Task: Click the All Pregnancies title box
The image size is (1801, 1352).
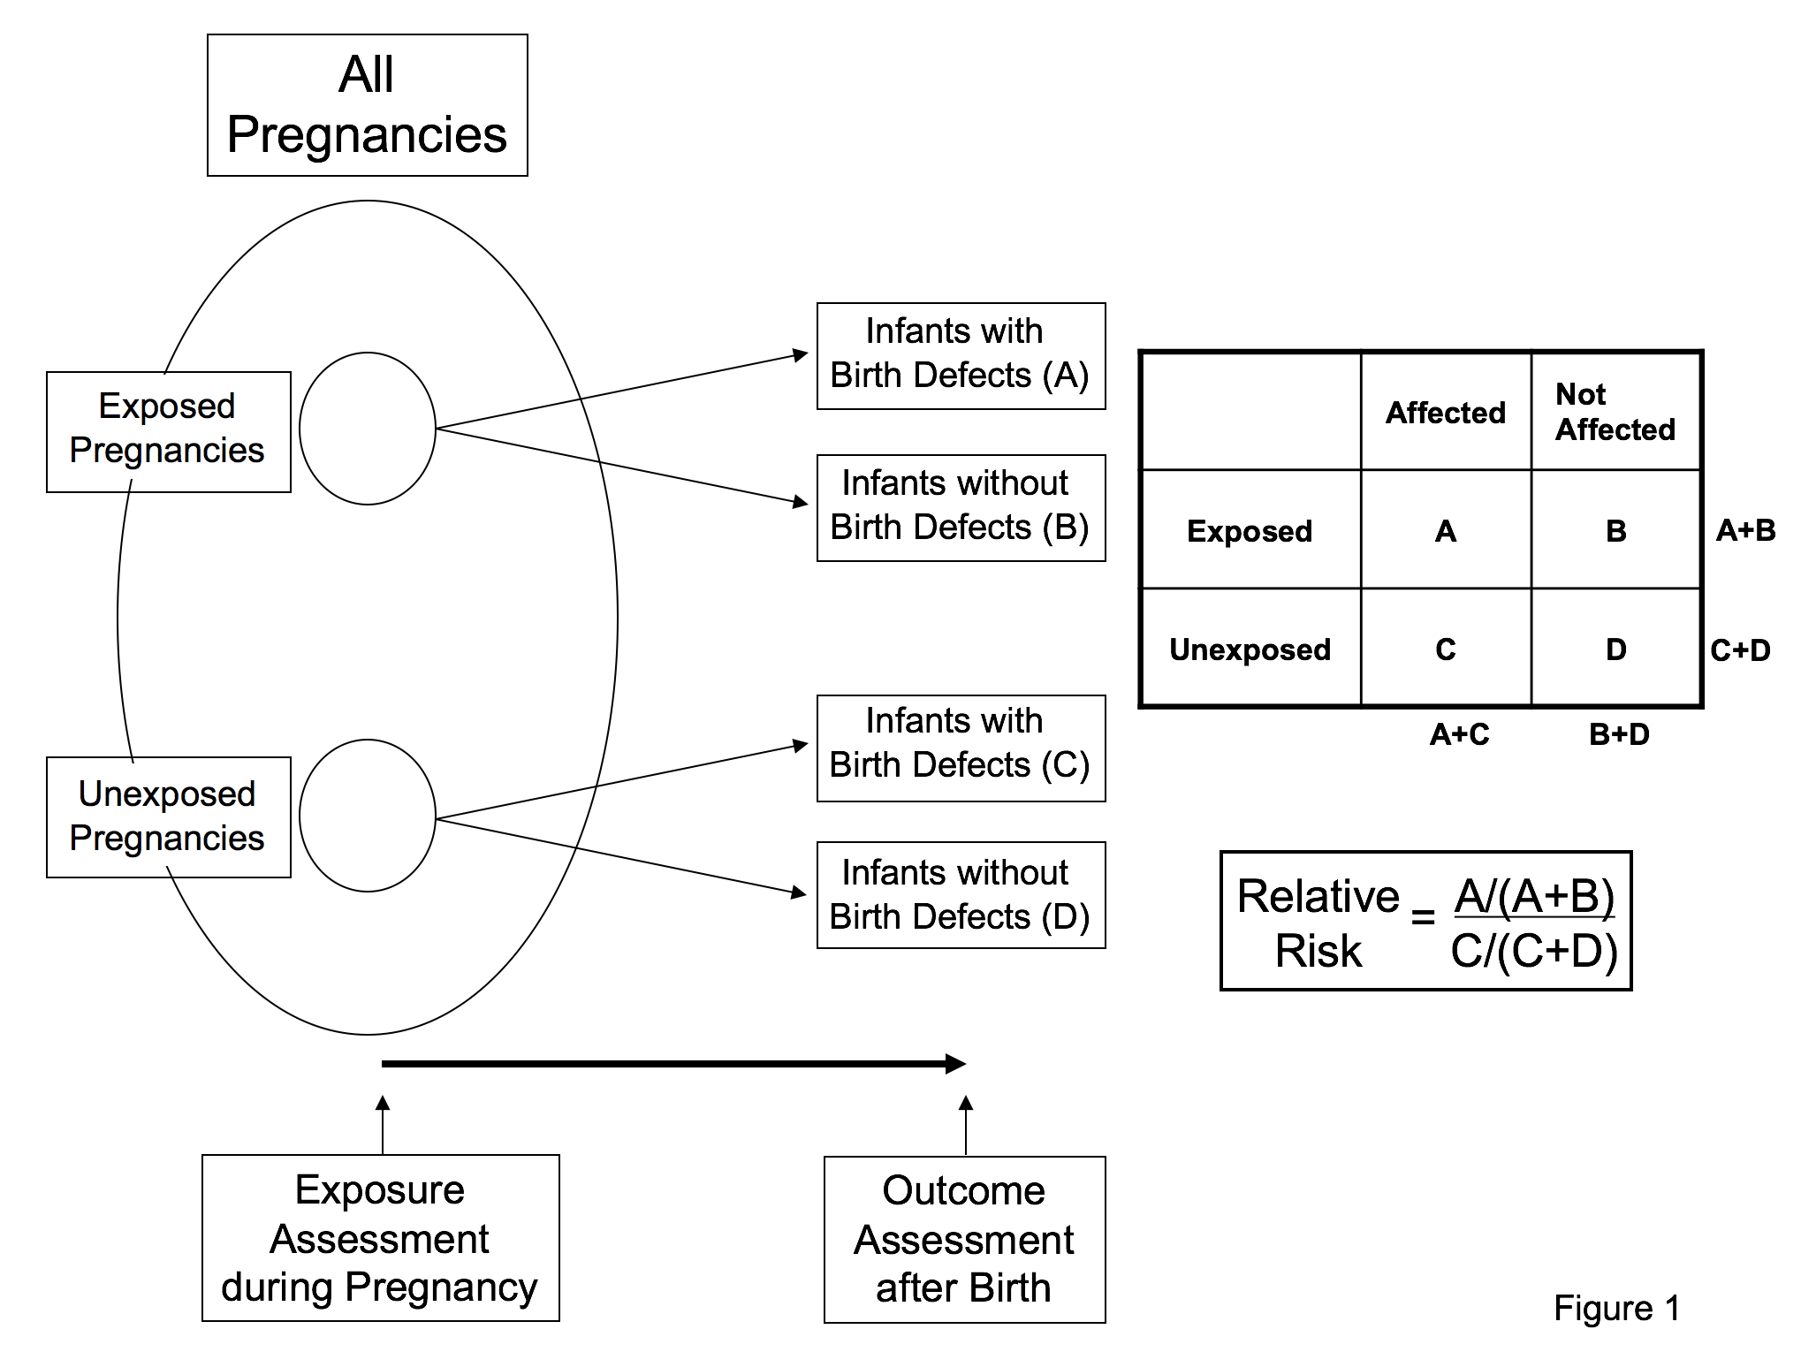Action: click(x=367, y=105)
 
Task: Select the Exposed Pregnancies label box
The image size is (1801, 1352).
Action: click(x=168, y=431)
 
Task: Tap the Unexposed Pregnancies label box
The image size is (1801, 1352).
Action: click(x=168, y=817)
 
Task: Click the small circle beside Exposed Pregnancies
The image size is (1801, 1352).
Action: click(x=368, y=429)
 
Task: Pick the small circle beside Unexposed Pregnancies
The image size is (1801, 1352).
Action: click(x=368, y=815)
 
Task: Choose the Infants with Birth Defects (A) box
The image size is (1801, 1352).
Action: click(x=961, y=356)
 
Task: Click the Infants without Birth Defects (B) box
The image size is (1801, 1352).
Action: click(x=961, y=508)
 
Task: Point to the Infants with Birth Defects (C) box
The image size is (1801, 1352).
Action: click(x=961, y=748)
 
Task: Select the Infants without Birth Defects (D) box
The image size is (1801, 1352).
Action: click(x=961, y=894)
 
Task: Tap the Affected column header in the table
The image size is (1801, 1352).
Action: click(x=1445, y=413)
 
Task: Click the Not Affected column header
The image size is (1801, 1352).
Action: click(x=1615, y=412)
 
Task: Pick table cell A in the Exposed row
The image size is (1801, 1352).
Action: click(x=1445, y=530)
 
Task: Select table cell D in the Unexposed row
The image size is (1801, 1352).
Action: click(x=1615, y=649)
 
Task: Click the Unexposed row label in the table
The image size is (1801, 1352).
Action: click(x=1250, y=649)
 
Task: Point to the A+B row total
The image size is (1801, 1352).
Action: click(x=1745, y=530)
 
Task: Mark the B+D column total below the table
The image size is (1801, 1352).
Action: click(x=1619, y=734)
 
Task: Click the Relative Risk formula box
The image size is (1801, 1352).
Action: click(x=1425, y=921)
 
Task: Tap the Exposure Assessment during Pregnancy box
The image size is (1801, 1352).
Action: click(x=380, y=1237)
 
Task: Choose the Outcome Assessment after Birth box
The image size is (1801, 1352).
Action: click(x=964, y=1239)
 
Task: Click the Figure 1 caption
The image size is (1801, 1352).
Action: click(x=1616, y=1308)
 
